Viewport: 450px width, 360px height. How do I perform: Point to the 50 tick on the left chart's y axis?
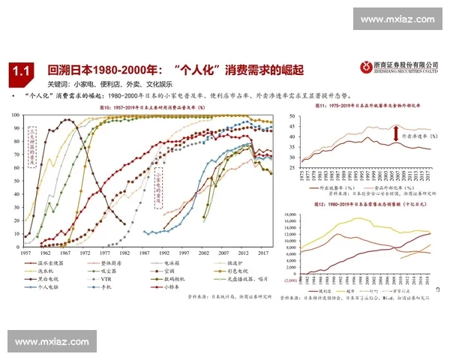point(18,179)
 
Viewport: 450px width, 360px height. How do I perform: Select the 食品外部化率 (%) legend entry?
point(391,187)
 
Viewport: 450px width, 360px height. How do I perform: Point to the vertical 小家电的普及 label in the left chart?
point(158,186)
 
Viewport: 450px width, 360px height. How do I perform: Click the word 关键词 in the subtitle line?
point(58,85)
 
